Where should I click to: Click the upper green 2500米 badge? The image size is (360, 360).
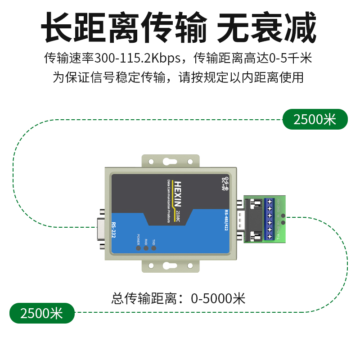[x=315, y=120]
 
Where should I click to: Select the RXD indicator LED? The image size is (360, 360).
[x=146, y=247]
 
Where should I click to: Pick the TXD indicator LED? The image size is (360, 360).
[x=154, y=247]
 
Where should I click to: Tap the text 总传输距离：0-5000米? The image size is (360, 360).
[x=179, y=298]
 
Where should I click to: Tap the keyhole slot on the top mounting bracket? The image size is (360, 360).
[x=169, y=161]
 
